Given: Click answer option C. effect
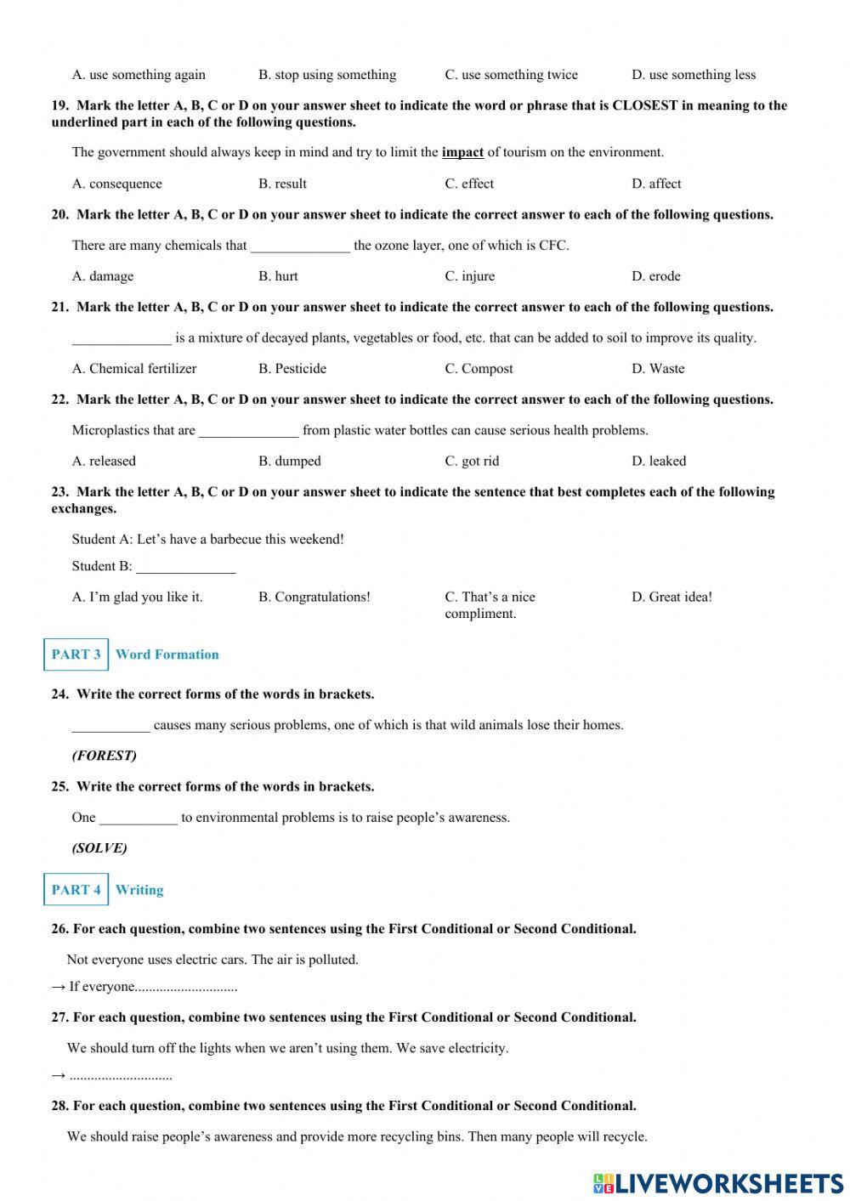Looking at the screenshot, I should point(468,184).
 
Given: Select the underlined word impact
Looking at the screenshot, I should point(462,153).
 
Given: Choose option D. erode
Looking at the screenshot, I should point(655,276).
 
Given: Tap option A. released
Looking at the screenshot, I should point(104,462).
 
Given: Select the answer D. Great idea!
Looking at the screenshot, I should point(671,598).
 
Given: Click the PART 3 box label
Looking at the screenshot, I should point(76,654).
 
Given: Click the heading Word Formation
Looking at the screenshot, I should point(167,654).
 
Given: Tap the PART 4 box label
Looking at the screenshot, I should point(76,890).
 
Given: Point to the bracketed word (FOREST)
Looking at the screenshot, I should point(104,756).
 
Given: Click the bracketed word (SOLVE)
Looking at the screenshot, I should point(99,848).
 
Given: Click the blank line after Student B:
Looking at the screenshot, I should point(185,568).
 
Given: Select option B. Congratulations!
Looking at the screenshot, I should point(314,598).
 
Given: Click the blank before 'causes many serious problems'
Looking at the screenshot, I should point(110,727).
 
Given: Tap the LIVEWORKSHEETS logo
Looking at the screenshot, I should point(718,1183).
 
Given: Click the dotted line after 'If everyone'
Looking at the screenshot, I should point(186,988).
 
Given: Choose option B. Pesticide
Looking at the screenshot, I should point(292,369).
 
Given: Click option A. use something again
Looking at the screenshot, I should point(139,75).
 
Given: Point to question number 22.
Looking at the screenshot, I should point(59,399).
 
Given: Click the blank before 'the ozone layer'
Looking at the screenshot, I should point(300,247).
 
